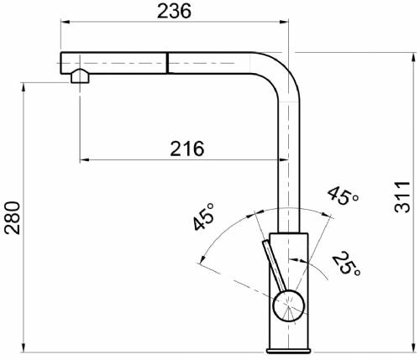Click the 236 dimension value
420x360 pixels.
(174, 11)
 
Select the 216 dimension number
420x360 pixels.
(187, 149)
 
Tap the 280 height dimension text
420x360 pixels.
(13, 218)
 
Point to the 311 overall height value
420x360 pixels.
(402, 197)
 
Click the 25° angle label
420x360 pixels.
(347, 263)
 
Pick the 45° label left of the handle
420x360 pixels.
(203, 217)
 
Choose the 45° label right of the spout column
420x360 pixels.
(344, 196)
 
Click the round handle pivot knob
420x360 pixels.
(289, 305)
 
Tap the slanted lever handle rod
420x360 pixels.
(275, 266)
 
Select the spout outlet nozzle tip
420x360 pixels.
(80, 76)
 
